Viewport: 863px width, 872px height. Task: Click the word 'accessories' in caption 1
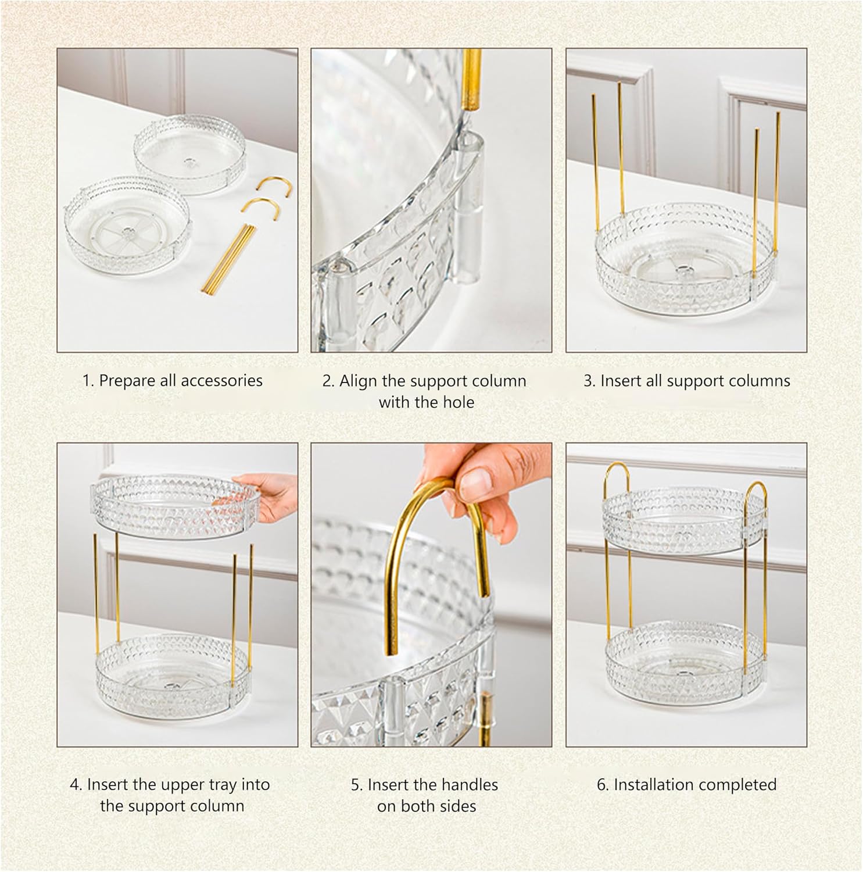click(x=221, y=381)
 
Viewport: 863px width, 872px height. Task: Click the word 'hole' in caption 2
click(x=459, y=402)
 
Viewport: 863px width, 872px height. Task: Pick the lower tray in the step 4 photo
click(x=173, y=674)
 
